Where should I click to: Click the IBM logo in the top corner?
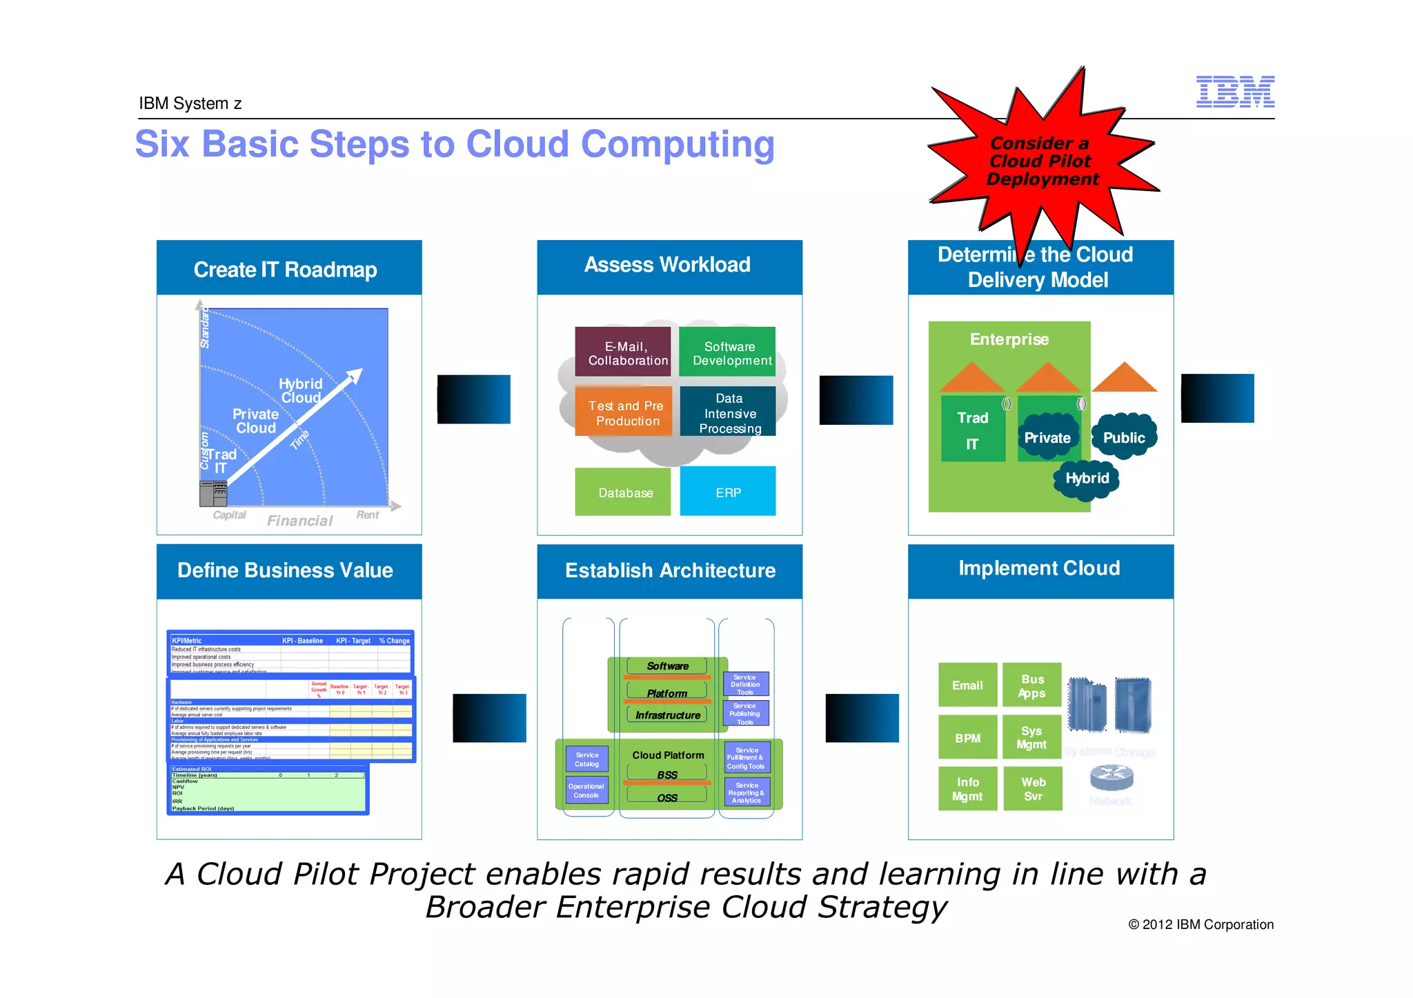(1234, 92)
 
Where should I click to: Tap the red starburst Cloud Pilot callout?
(1041, 161)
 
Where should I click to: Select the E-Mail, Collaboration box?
(623, 352)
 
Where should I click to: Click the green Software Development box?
(727, 352)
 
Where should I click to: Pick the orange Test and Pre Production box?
(624, 412)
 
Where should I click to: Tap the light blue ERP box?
(728, 492)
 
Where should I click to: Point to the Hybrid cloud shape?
(1087, 478)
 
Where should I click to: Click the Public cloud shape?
(1123, 437)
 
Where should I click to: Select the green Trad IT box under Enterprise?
(973, 429)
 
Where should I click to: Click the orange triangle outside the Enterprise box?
(1124, 378)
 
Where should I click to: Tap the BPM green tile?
(967, 737)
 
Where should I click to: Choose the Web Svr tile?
(1033, 788)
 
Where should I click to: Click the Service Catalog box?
(586, 759)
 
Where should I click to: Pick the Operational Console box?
(586, 790)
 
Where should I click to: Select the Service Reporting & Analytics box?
(747, 792)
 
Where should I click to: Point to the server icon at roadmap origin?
(213, 493)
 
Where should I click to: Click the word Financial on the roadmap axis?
(299, 521)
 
